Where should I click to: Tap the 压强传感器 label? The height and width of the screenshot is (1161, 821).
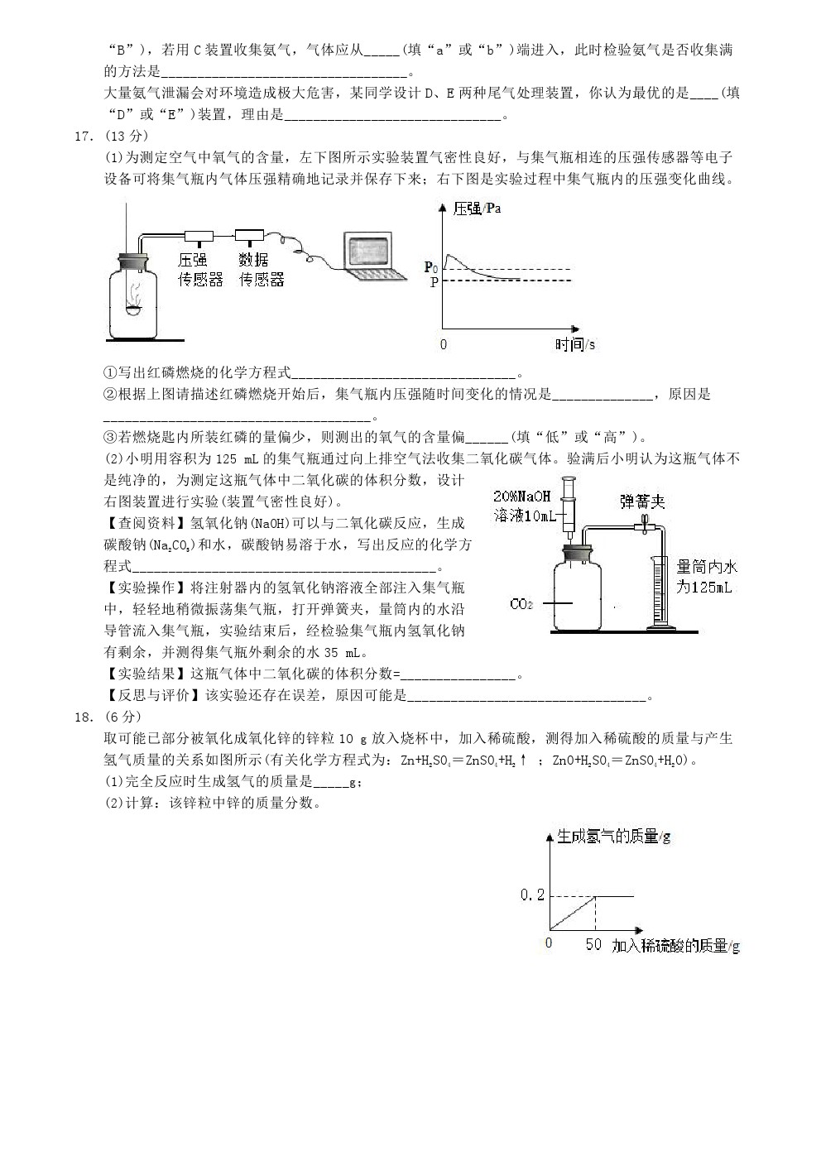[x=201, y=270]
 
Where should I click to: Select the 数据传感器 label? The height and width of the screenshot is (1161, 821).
[x=262, y=270]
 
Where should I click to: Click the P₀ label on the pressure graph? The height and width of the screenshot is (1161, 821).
[x=430, y=266]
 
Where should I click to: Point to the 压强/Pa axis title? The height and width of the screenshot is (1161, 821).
[x=478, y=209]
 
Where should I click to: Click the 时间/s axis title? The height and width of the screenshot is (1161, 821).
[x=575, y=344]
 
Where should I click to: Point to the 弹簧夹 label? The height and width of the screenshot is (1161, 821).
[x=643, y=501]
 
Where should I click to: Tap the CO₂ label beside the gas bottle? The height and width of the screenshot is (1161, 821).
[x=521, y=604]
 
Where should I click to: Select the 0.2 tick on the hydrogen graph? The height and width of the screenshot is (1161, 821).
[x=532, y=895]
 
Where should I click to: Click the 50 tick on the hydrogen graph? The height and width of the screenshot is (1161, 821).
[x=593, y=944]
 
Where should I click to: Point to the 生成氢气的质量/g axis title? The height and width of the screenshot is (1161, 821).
[x=613, y=837]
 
